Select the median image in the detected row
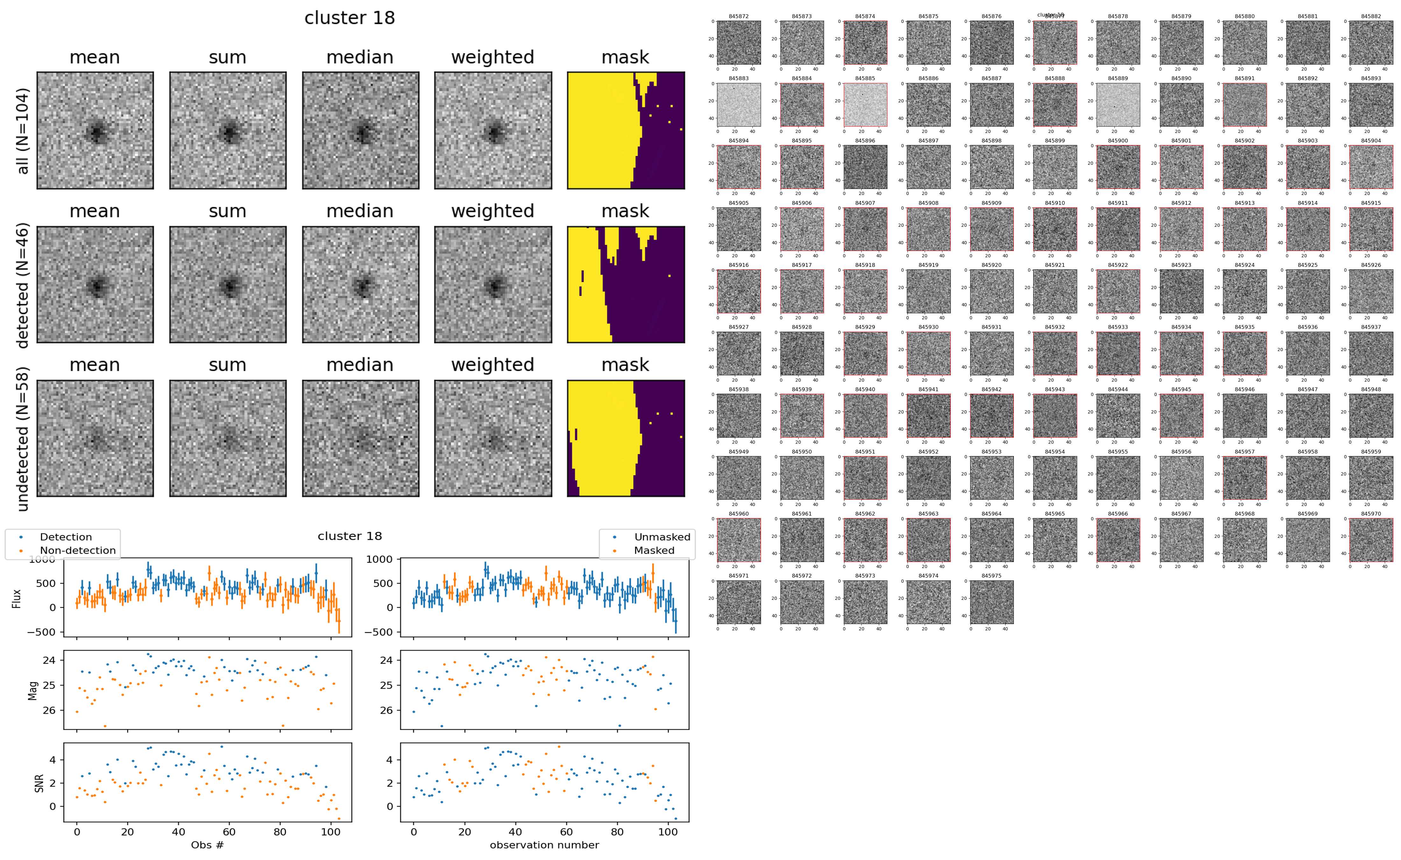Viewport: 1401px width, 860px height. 360,284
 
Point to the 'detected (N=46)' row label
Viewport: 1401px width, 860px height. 22,285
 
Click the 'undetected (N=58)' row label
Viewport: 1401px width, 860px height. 22,439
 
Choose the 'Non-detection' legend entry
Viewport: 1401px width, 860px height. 77,550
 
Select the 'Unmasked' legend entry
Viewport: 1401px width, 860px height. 662,537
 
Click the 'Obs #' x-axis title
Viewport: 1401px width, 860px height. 207,845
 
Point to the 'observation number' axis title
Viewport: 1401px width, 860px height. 544,845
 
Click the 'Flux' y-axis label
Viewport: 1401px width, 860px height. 17,598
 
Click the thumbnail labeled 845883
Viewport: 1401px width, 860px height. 738,105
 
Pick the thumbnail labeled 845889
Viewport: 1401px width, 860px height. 1118,105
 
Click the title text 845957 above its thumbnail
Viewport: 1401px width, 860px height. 1244,452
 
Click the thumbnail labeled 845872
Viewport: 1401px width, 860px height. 738,43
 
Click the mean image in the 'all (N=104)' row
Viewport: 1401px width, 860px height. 95,130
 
